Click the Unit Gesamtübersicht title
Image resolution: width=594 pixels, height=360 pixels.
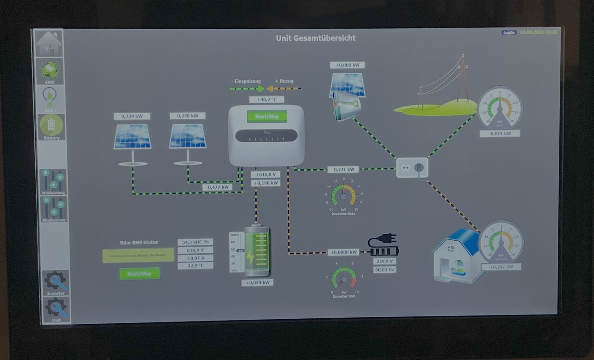tap(316, 38)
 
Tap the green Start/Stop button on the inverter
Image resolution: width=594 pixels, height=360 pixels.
tap(267, 116)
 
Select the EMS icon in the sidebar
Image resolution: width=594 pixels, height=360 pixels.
tap(50, 71)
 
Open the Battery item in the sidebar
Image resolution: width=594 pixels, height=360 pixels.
tap(52, 127)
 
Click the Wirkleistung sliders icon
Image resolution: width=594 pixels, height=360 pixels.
tap(53, 181)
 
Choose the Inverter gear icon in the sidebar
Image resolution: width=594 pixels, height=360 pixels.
tap(56, 282)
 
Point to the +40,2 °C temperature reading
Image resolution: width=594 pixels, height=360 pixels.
tap(266, 99)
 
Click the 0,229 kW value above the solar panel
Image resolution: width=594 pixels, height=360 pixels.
tap(132, 116)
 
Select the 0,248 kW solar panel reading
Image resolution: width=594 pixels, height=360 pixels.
tap(187, 116)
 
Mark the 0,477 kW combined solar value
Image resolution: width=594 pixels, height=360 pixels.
tap(217, 187)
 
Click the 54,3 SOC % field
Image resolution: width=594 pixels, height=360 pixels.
tap(195, 242)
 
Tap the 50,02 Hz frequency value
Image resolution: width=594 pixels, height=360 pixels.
tap(384, 269)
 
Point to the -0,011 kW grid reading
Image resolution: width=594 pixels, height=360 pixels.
tap(499, 134)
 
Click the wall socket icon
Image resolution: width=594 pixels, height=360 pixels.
tap(412, 167)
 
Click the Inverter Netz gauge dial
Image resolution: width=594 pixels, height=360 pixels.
tap(343, 196)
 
